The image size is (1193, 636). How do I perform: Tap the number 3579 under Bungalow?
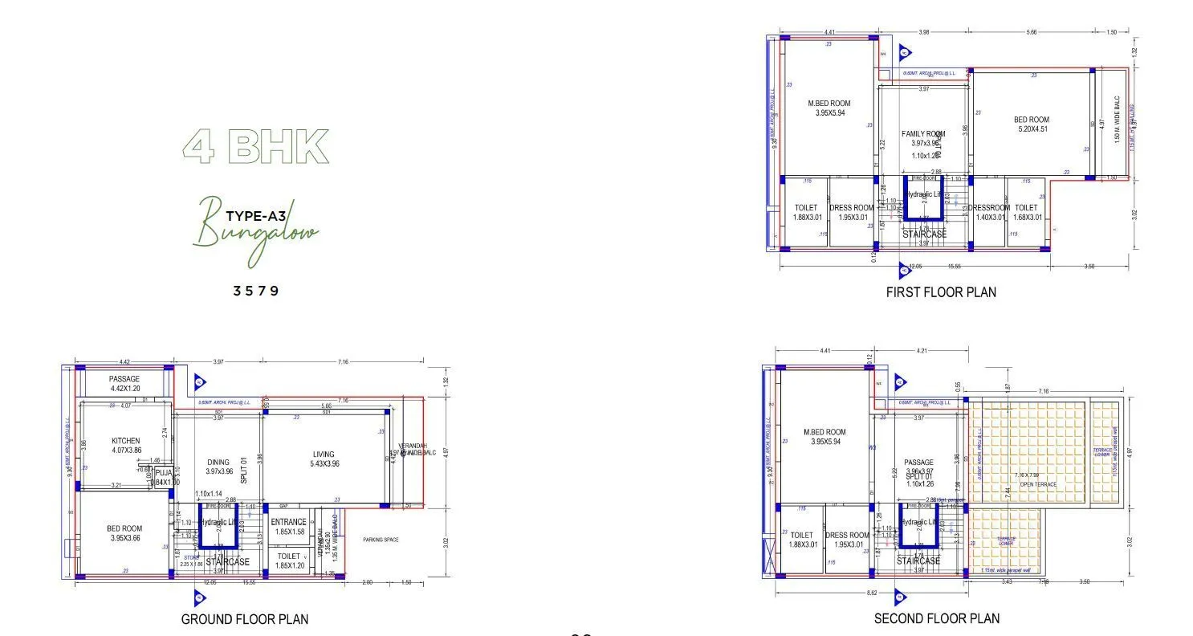[x=256, y=291]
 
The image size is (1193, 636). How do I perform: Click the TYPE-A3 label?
[x=255, y=216]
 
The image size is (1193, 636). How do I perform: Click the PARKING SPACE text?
[x=381, y=540]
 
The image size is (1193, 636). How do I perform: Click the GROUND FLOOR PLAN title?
[x=244, y=619]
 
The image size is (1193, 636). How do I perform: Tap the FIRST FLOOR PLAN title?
[x=941, y=292]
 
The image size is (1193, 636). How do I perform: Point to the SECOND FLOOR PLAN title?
[x=937, y=618]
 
